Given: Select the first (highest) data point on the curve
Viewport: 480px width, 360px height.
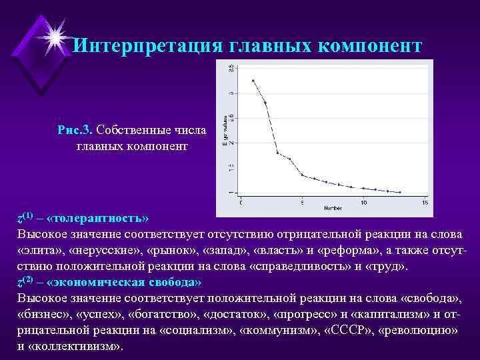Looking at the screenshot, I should (253, 81).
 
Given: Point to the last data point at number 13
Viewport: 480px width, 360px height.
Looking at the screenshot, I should (400, 192).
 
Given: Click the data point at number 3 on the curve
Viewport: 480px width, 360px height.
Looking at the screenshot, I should (277, 153).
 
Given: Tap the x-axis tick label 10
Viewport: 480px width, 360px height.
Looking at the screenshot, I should (363, 202).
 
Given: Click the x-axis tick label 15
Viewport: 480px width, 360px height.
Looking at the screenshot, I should (425, 202).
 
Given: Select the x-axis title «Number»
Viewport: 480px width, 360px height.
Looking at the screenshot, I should (333, 208).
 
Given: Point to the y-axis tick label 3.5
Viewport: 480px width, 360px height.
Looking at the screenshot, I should (231, 68).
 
